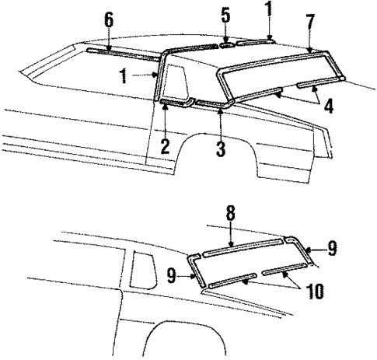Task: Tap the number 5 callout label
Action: [x=225, y=14]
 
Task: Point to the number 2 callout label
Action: [x=165, y=146]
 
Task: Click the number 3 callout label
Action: [x=222, y=148]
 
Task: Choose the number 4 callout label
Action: [x=330, y=105]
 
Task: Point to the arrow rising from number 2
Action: [x=165, y=120]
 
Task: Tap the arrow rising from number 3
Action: [x=222, y=122]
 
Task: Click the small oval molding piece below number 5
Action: [x=225, y=45]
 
